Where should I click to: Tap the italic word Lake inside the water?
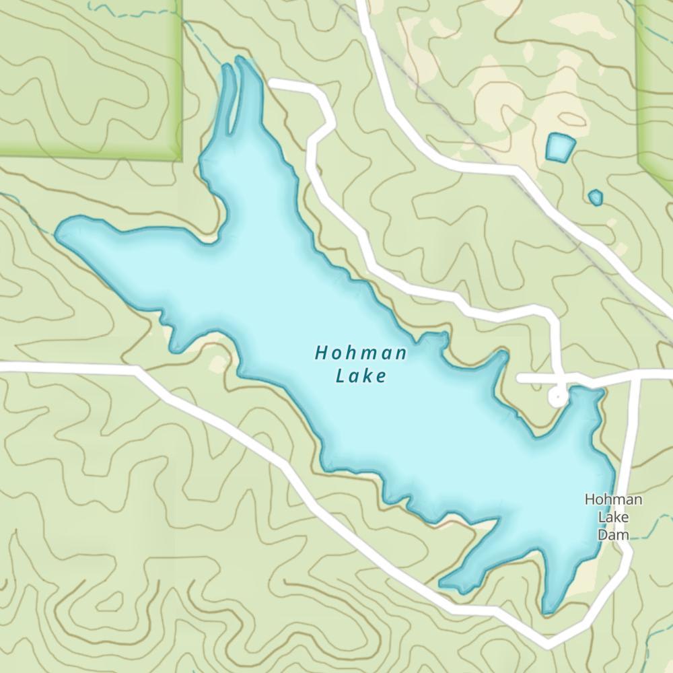361,376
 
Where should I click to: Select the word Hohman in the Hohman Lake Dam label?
613,499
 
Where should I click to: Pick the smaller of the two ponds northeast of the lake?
595,197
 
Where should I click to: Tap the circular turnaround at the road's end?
557,397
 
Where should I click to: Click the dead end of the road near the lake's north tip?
272,83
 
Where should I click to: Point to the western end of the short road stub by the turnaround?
520,379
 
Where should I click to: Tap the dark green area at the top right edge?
656,81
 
